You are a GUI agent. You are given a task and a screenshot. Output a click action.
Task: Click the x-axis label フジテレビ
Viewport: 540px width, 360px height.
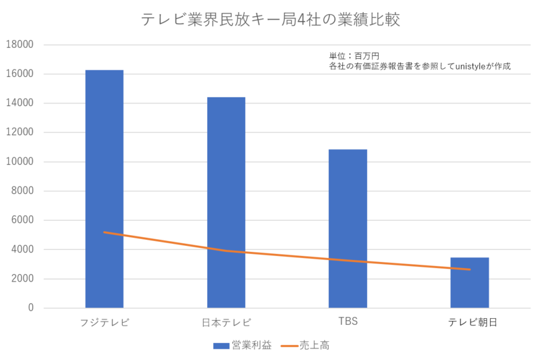click(x=105, y=322)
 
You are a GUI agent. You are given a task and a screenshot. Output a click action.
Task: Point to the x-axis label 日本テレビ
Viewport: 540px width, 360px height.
click(x=226, y=322)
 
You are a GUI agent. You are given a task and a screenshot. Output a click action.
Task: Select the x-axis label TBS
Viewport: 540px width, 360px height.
click(x=348, y=322)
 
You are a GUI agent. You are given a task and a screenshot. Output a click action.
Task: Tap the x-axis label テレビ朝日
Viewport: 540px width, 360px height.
click(x=472, y=323)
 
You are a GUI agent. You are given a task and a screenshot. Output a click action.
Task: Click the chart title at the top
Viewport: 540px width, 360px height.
click(x=270, y=20)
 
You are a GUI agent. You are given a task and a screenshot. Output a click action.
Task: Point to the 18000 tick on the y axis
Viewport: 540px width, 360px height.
click(x=20, y=45)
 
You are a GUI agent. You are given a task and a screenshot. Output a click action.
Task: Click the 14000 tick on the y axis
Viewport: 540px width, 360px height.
click(x=20, y=103)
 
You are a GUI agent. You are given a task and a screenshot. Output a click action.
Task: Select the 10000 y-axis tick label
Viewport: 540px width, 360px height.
click(x=20, y=162)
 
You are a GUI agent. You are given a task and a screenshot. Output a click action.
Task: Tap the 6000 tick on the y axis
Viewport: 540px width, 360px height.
click(x=22, y=220)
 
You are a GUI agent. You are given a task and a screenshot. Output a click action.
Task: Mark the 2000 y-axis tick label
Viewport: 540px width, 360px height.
click(x=22, y=279)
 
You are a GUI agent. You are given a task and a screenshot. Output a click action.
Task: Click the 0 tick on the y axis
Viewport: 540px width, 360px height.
click(x=30, y=308)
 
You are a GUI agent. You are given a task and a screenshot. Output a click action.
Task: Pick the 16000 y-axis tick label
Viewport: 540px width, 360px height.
click(x=20, y=74)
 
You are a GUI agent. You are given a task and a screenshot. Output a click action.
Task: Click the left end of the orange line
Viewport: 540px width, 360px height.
click(x=105, y=232)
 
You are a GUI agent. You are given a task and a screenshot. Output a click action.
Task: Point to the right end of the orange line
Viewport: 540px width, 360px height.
click(x=470, y=269)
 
